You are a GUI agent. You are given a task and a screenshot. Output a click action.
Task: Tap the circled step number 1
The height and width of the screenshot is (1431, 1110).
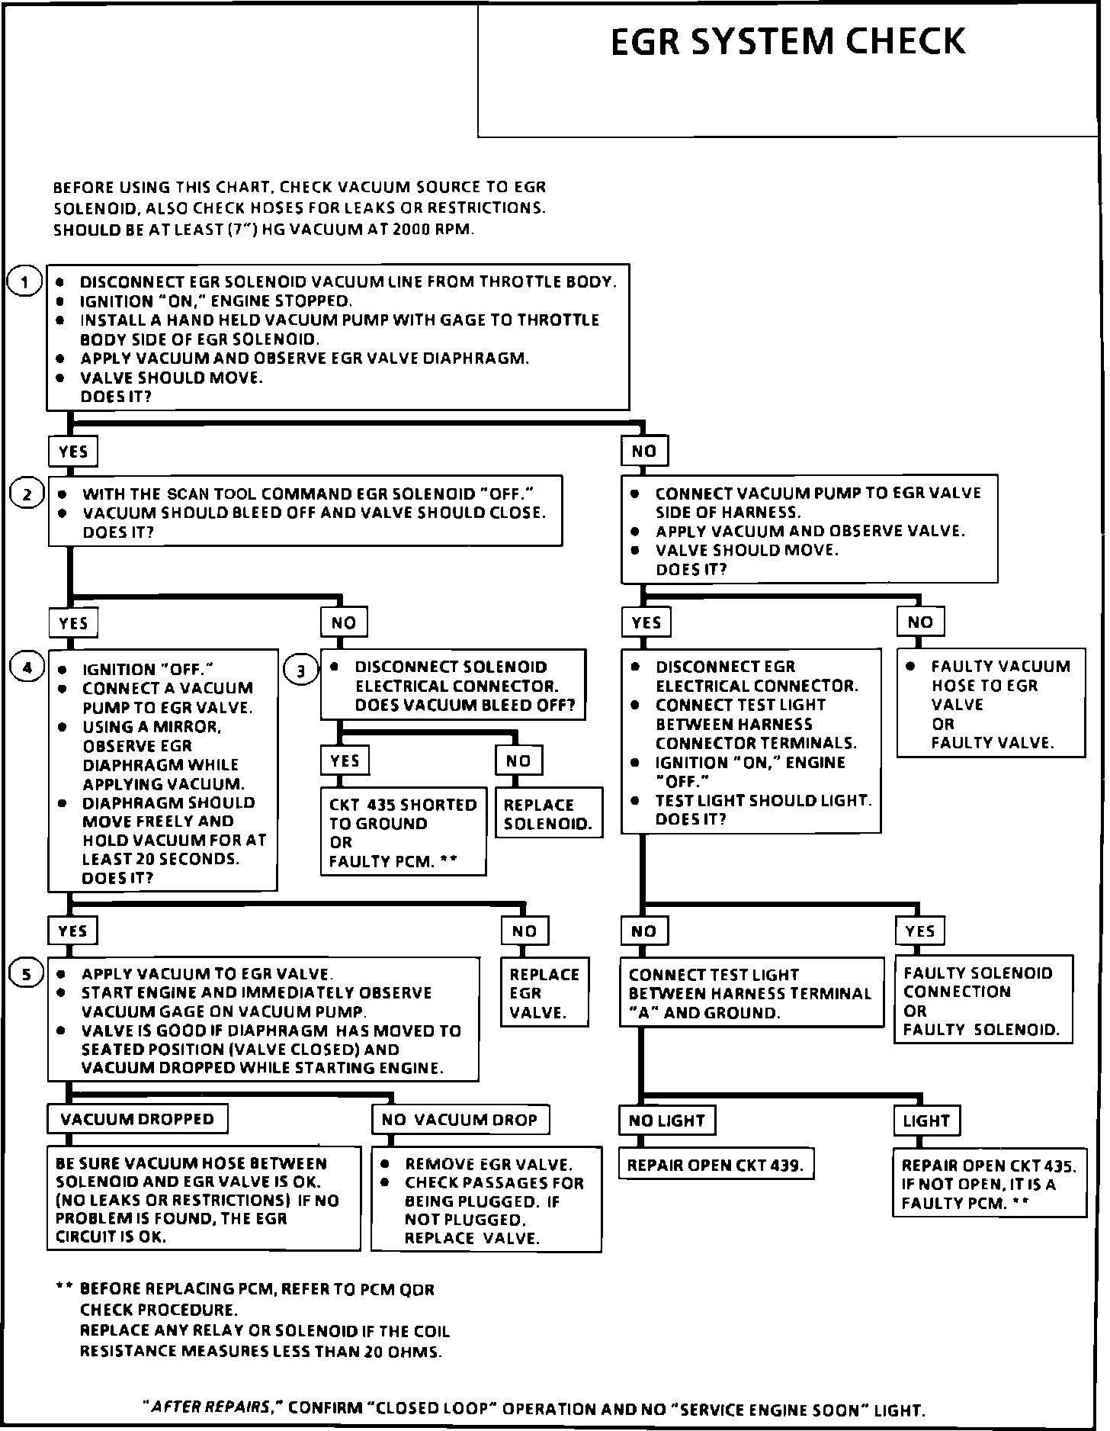click(x=24, y=282)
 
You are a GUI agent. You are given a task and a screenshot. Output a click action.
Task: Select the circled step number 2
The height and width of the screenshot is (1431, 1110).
click(x=27, y=494)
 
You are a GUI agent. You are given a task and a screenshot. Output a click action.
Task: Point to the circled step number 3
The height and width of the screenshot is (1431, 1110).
click(x=301, y=670)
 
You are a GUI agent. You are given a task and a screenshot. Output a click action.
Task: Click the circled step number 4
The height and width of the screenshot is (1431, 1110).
click(x=27, y=669)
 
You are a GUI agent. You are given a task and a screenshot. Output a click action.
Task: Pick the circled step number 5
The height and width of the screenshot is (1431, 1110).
click(x=27, y=975)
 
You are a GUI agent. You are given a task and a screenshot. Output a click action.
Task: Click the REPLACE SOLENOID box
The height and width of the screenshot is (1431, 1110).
click(x=548, y=814)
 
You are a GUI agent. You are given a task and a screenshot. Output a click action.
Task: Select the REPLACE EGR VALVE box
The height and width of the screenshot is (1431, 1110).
click(x=544, y=993)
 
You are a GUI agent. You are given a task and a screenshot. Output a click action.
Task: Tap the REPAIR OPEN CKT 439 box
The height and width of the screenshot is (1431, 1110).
click(x=715, y=1166)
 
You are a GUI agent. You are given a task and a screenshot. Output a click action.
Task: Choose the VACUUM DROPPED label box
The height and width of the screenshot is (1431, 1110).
click(x=137, y=1120)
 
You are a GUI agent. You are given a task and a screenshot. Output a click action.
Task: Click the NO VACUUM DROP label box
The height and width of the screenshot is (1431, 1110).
click(x=460, y=1120)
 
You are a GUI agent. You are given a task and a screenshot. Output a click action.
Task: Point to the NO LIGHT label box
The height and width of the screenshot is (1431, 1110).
click(x=666, y=1121)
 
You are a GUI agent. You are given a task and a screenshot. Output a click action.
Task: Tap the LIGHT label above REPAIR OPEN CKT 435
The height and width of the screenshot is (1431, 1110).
click(x=926, y=1121)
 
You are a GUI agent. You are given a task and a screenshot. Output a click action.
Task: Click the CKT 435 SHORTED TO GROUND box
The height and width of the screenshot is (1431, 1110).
click(x=403, y=832)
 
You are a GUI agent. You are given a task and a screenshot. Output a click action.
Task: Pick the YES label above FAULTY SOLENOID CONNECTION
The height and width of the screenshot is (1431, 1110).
click(x=920, y=931)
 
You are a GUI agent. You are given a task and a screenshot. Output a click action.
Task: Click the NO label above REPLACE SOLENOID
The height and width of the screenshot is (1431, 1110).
click(x=518, y=761)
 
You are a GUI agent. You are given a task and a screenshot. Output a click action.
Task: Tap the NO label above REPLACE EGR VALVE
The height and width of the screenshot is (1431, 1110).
click(x=525, y=931)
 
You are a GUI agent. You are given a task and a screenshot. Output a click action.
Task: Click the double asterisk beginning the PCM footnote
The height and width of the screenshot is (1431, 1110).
click(x=64, y=1288)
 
